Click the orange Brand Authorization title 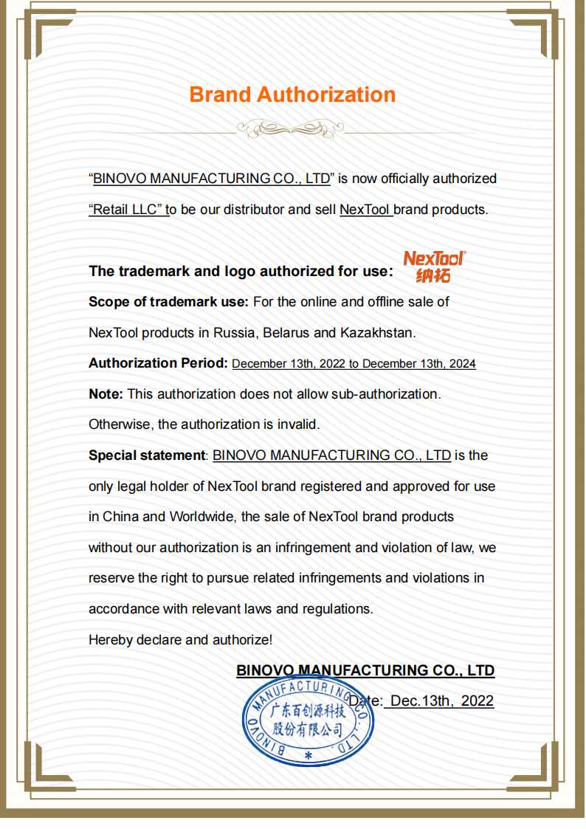tap(292, 94)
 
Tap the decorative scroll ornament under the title tap(292, 130)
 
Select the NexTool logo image tap(434, 266)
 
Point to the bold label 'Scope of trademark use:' tap(168, 301)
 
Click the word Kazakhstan tap(377, 332)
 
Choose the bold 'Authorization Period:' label tap(158, 363)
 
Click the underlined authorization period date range tap(354, 364)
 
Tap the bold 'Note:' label tap(106, 394)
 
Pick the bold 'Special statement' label tap(147, 455)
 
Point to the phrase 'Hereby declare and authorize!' tap(180, 640)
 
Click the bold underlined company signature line tap(365, 670)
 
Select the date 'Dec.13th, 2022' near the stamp tap(441, 701)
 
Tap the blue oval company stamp tap(308, 722)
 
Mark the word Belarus tap(286, 332)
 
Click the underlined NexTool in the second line tap(365, 209)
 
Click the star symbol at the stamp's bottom tap(308, 757)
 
